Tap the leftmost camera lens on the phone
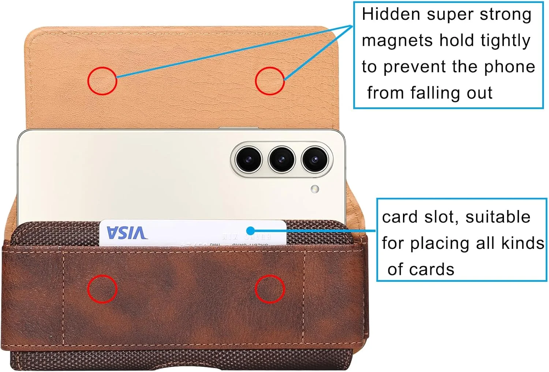pos(249,159)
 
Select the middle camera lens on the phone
pos(281,159)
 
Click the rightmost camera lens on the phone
pos(314,159)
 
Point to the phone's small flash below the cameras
pos(314,189)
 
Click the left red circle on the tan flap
pos(102,81)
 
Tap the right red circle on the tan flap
pos(270,81)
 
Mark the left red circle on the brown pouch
pos(102,289)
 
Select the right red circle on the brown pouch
pos(270,289)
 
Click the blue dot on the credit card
pos(250,231)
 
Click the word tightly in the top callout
pos(505,41)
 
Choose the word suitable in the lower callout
pos(498,217)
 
